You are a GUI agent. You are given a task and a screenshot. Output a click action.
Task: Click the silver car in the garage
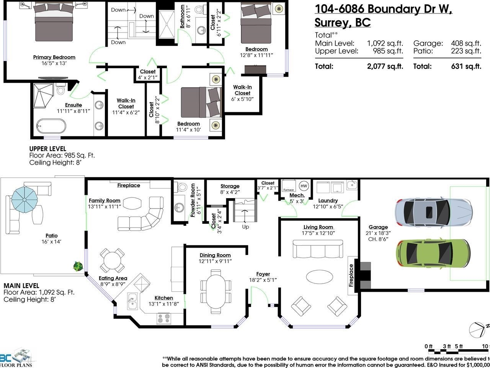click(433, 212)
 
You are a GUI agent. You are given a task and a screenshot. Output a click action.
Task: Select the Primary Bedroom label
click(54, 58)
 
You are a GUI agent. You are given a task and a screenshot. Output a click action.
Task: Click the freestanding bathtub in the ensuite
click(51, 125)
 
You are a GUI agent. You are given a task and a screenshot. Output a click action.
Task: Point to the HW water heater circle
click(304, 186)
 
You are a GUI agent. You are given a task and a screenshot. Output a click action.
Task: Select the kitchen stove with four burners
click(165, 318)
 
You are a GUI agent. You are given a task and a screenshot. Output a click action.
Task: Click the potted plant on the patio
click(78, 266)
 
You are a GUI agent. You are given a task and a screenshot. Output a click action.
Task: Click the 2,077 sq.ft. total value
click(385, 66)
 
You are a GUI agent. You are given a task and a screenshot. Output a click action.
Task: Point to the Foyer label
click(263, 274)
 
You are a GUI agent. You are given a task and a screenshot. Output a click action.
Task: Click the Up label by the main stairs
click(245, 227)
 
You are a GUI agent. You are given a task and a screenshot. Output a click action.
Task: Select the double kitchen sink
click(133, 301)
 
